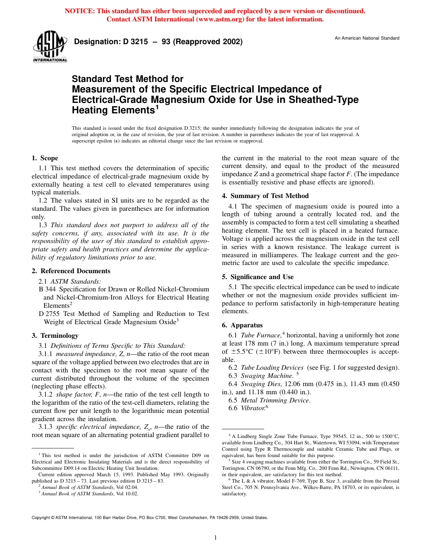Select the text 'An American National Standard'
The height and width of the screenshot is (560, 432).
(367, 38)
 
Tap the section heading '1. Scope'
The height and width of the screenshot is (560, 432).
(45, 158)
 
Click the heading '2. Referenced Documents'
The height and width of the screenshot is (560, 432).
(71, 271)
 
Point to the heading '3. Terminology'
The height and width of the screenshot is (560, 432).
(55, 336)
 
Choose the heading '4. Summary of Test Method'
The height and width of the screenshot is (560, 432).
(265, 196)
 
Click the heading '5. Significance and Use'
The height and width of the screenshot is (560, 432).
(257, 277)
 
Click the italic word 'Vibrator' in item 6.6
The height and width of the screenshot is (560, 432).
(253, 408)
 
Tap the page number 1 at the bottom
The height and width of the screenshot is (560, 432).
(216, 538)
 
